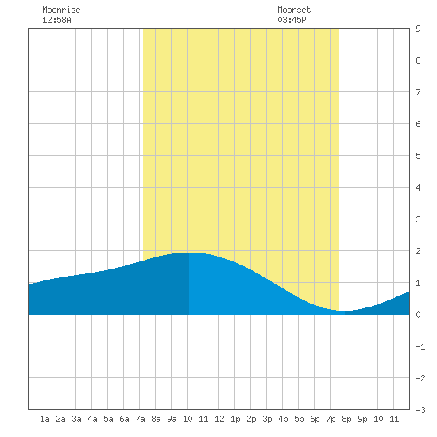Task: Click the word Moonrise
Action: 61,10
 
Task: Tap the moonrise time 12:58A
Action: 56,20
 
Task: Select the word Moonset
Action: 294,10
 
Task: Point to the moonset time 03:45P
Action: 292,20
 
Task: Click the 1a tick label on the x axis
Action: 44,419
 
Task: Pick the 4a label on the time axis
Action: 92,419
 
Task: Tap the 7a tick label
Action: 140,419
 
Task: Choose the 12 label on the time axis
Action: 219,419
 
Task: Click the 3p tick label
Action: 267,419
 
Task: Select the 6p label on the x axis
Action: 315,419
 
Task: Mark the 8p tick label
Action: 346,419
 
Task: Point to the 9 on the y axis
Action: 418,29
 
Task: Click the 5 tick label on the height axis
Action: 418,156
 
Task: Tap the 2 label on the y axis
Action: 418,251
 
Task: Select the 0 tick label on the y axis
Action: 418,315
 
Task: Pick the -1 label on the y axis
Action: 420,346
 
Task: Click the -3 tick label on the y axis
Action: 420,410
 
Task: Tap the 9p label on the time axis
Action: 362,419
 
